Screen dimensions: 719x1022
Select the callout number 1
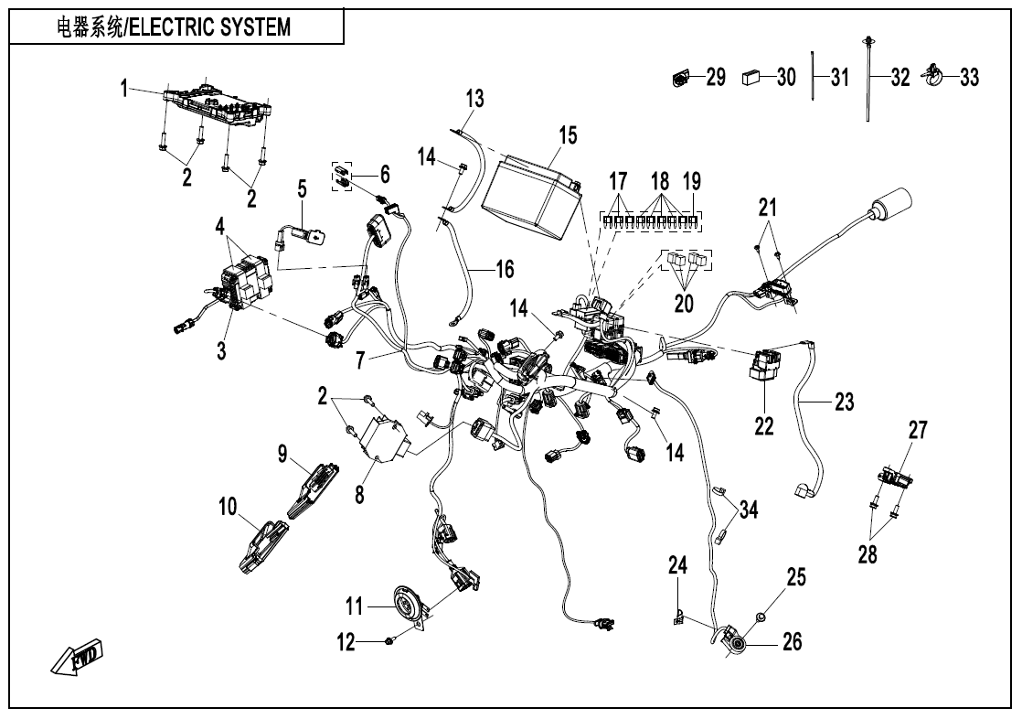[124, 89]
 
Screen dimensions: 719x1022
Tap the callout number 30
[786, 78]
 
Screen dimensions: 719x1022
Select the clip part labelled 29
[678, 78]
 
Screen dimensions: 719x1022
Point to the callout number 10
[228, 505]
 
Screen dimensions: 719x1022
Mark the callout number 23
[844, 401]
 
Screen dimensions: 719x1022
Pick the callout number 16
[504, 269]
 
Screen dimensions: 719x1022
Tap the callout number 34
[749, 510]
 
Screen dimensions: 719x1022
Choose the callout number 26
[792, 642]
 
